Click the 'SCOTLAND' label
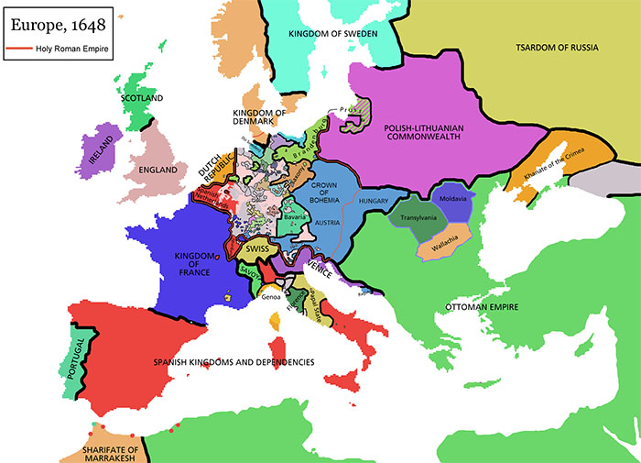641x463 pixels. [x=142, y=98]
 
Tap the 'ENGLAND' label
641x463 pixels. [x=152, y=171]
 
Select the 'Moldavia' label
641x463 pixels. [x=452, y=200]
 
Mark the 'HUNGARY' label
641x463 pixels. [x=375, y=200]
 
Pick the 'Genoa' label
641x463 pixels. [x=272, y=297]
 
